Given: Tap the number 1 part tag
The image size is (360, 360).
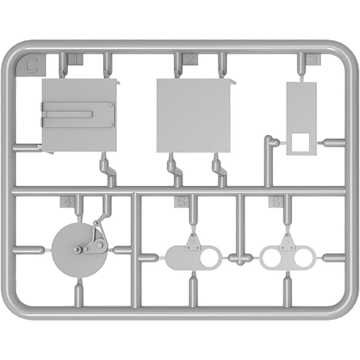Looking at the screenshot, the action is coord(75,60).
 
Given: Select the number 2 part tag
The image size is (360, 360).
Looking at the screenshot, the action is coord(190,59).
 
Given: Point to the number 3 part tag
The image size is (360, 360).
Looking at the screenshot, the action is coord(313,59).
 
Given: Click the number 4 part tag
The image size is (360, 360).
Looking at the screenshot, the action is coord(67,202).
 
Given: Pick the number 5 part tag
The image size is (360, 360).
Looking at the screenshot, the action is coord(181,202).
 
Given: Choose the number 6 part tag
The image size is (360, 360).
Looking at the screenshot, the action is coord(275,202).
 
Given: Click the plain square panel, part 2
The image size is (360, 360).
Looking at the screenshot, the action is coord(193,116).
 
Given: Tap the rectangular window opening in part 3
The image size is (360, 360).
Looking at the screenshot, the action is coord(300,142).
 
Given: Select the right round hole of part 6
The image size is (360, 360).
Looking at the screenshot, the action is coord(303,258).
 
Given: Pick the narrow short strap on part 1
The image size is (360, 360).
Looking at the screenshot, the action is coord(67,114).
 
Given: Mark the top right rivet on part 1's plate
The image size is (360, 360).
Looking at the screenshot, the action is coord(112,105).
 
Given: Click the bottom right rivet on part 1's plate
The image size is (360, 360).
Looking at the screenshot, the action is coord(112,125).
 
